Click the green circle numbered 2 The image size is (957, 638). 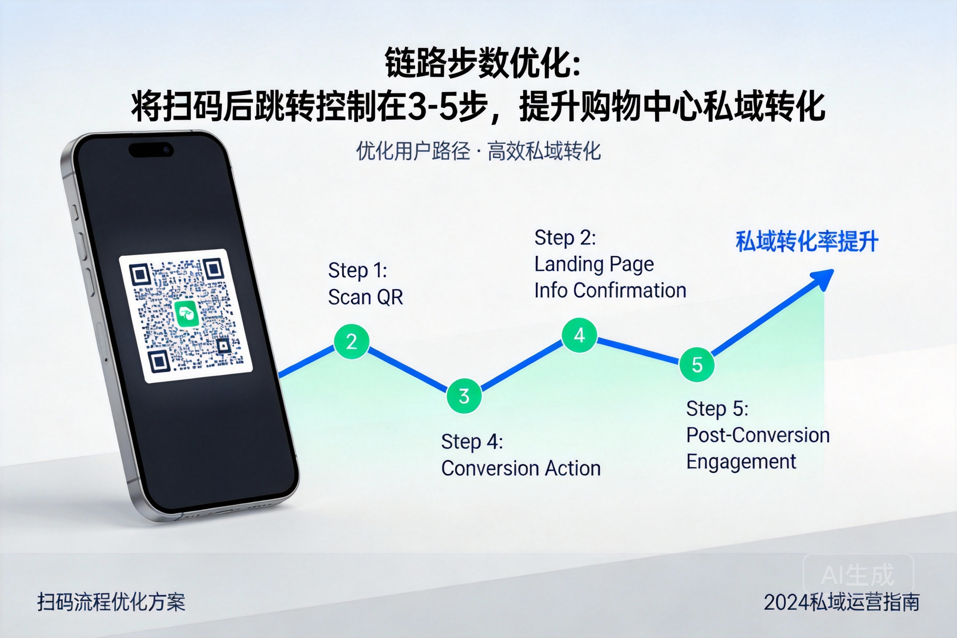(x=352, y=341)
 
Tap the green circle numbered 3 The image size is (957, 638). (x=464, y=396)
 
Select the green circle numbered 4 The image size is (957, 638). (x=579, y=335)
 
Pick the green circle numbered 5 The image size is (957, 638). (x=697, y=364)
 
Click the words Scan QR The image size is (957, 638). (x=365, y=297)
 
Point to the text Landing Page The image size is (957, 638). (x=594, y=265)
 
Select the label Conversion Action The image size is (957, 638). (x=521, y=468)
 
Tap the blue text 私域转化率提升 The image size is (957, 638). (x=807, y=242)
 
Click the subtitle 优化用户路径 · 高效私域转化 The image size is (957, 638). (x=479, y=151)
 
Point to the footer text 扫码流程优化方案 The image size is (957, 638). (x=111, y=602)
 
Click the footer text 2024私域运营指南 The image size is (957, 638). (x=842, y=602)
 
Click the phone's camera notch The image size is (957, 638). (x=151, y=150)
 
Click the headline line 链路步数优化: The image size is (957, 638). (x=483, y=62)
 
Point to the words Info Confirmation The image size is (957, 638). (x=610, y=291)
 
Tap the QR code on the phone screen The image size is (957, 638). (x=186, y=316)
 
